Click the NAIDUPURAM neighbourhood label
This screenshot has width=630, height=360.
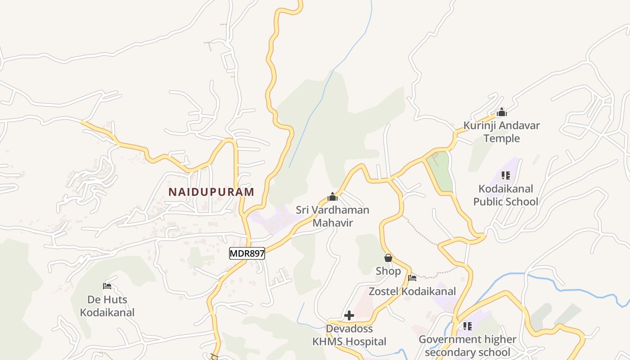click(x=211, y=192)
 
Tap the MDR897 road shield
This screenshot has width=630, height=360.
click(x=247, y=253)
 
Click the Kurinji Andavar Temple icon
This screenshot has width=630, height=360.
click(x=502, y=112)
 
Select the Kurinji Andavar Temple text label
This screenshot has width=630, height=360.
click(x=502, y=132)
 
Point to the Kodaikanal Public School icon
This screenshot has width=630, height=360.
click(x=506, y=175)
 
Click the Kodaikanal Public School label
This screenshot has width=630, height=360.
click(x=506, y=195)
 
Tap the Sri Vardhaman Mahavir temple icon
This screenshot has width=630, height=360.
click(x=333, y=197)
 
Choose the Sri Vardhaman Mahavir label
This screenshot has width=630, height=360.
click(x=333, y=216)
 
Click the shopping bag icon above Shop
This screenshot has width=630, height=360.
click(x=388, y=258)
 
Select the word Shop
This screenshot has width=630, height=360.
click(x=388, y=271)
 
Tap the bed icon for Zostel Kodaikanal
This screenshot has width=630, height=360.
click(x=412, y=278)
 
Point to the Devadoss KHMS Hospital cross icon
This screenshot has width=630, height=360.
click(x=349, y=315)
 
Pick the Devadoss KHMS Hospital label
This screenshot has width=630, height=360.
click(x=349, y=335)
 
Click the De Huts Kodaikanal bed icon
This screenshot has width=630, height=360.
click(x=107, y=286)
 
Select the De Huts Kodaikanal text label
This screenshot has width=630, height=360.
click(x=107, y=306)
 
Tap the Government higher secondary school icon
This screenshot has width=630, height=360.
click(x=468, y=326)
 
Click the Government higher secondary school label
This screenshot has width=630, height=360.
click(x=468, y=346)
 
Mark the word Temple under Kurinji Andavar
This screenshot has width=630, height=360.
click(x=502, y=139)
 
